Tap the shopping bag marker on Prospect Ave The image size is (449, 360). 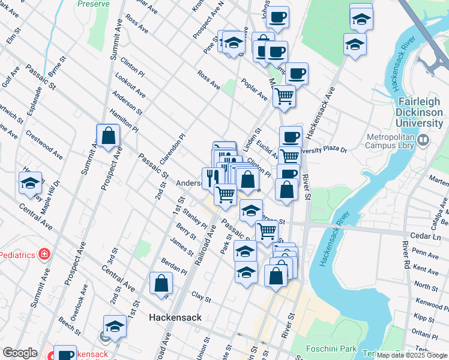[x=109, y=135]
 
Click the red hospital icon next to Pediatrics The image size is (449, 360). [x=43, y=254]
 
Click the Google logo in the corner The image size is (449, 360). [x=20, y=353]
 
